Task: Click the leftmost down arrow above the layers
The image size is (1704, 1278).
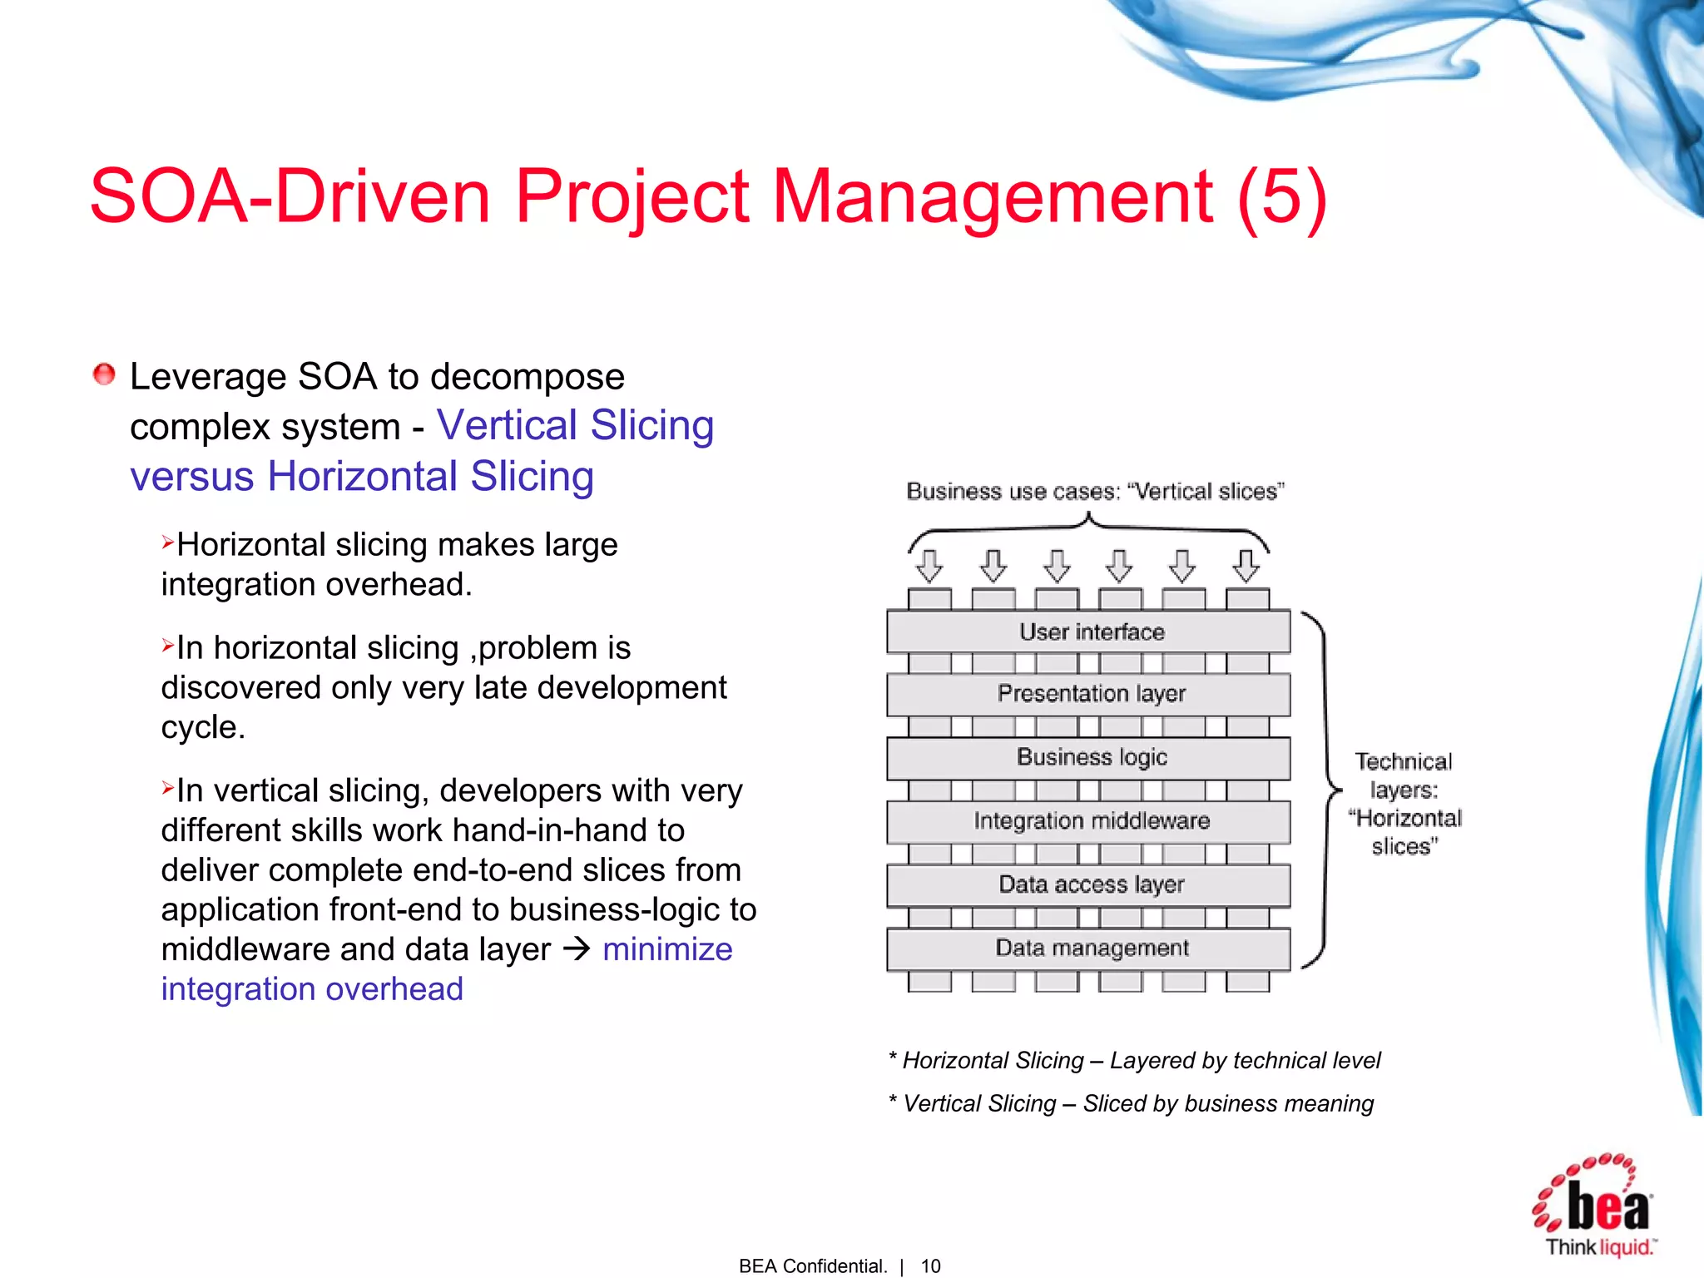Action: [929, 566]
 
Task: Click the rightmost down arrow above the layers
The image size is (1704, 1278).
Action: [1246, 566]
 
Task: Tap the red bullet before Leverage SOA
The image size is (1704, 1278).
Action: [104, 374]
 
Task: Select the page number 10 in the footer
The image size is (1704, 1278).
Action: [930, 1266]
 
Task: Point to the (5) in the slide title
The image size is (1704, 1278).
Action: [1281, 197]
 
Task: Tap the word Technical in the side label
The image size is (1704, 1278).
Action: [1404, 761]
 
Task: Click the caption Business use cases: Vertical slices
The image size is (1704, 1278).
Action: [1095, 492]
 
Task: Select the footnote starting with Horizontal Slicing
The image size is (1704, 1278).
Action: [1135, 1060]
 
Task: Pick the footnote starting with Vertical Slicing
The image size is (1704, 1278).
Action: [1132, 1103]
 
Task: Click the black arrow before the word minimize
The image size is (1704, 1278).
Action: [577, 949]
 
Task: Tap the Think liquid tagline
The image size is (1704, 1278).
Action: [1600, 1247]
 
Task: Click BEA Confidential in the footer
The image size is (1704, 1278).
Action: [813, 1266]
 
